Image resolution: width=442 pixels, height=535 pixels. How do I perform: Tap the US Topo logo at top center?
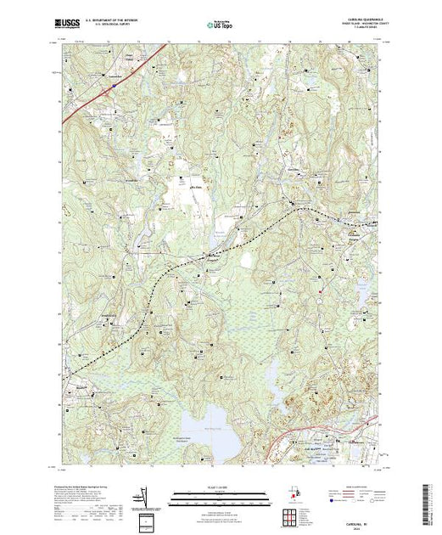[220, 24]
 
